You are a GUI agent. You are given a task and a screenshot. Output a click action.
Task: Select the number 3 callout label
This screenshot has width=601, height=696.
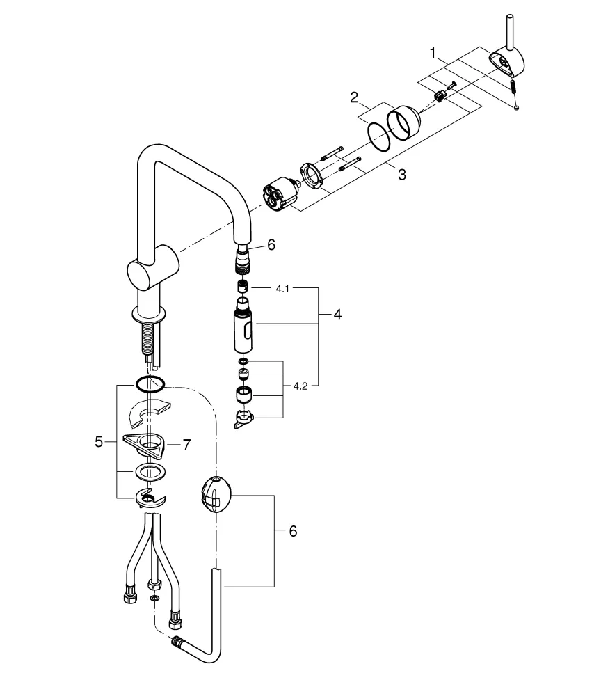pyautogui.click(x=401, y=174)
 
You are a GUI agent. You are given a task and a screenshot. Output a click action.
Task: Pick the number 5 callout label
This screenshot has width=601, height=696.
pyautogui.click(x=99, y=441)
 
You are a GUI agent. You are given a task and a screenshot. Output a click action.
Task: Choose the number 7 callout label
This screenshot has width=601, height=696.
pyautogui.click(x=186, y=445)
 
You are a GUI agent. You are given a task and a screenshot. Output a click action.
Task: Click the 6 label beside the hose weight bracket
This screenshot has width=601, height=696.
pyautogui.click(x=292, y=531)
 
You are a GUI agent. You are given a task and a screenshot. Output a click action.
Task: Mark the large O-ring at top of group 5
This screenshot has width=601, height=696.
pyautogui.click(x=150, y=383)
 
